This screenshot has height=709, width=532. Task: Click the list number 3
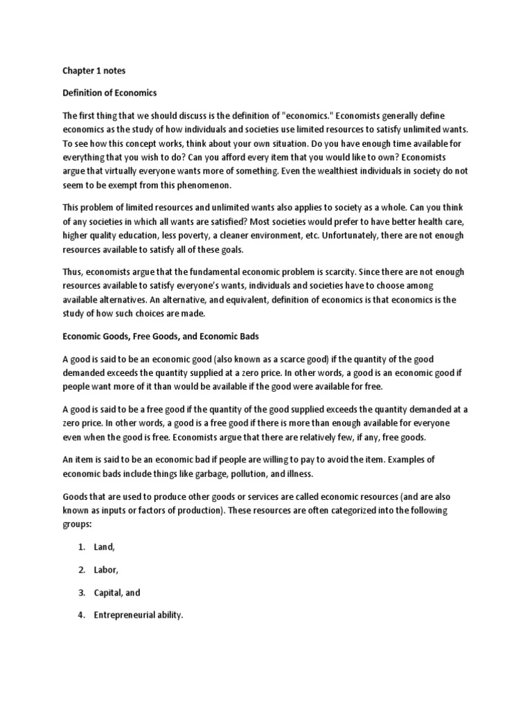click(81, 593)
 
